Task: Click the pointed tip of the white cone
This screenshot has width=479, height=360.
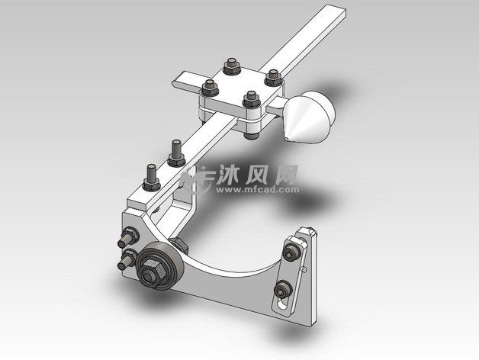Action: pyautogui.click(x=288, y=139)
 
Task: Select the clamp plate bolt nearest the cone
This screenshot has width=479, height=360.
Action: pyautogui.click(x=252, y=100)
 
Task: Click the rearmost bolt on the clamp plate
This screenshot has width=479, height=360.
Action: pyautogui.click(x=232, y=66)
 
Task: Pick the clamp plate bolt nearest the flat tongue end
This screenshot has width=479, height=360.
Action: pyautogui.click(x=210, y=88)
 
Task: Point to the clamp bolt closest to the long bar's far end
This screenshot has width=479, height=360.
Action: pyautogui.click(x=273, y=78)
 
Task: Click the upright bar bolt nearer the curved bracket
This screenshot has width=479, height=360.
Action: pyautogui.click(x=152, y=178)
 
